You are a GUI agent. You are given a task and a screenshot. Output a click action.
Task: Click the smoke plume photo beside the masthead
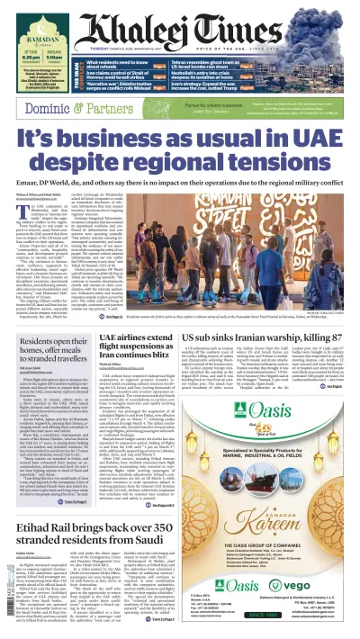click(x=324, y=22)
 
